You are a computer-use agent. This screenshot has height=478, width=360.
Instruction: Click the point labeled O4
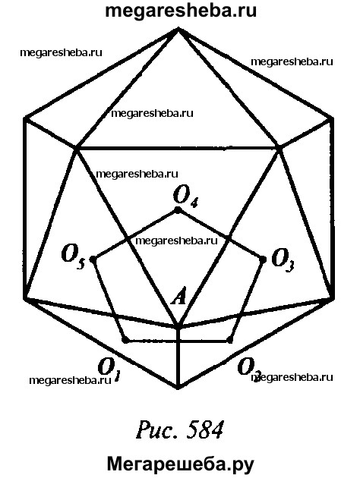pos(178,210)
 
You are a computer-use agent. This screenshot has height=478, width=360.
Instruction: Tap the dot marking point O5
pos(93,259)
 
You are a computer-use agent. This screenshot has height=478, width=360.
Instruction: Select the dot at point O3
pos(262,259)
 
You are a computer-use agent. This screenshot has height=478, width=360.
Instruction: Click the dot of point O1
pos(125,340)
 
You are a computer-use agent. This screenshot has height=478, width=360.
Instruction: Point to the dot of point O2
pos(230,340)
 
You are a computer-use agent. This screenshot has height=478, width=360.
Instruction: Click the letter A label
pos(178,297)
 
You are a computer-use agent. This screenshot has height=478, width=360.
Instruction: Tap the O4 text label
pos(185,196)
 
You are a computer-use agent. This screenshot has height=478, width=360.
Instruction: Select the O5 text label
pos(73,257)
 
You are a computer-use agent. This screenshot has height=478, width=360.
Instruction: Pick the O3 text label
pos(283,260)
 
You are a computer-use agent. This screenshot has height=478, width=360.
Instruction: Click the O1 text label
pos(109,370)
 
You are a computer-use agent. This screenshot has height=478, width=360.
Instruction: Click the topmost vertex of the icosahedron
pos(178,28)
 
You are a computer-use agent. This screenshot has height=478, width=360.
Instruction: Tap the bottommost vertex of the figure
pos(178,388)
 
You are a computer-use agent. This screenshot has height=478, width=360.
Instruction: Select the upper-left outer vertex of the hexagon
pos(25,118)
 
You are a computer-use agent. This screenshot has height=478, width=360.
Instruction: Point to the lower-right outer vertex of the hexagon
pos(332,298)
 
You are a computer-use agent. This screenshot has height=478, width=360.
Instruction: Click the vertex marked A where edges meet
pos(178,326)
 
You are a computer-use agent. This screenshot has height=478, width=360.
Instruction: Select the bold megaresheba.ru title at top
pos(181,11)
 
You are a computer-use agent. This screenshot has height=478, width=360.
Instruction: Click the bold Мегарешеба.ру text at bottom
pos(180,464)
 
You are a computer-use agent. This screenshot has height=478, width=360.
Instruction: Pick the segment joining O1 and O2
pos(178,340)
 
